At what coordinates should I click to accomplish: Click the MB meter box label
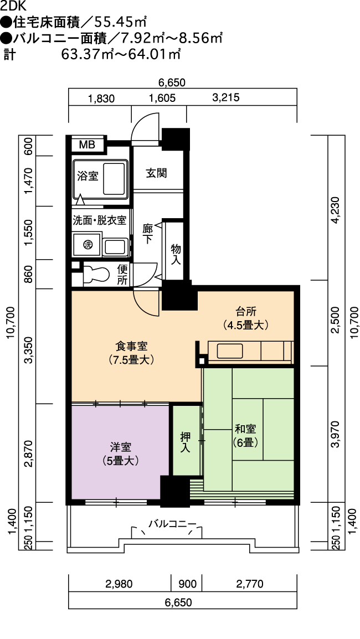[x=87, y=145]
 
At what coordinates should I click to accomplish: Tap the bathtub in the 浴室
[x=114, y=179]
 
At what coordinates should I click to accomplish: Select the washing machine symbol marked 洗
[x=87, y=245]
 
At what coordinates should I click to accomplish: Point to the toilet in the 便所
[x=96, y=274]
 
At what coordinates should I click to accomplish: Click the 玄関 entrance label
[x=157, y=173]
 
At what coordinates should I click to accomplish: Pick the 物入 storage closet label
[x=176, y=254]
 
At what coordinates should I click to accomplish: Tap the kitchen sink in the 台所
[x=230, y=351]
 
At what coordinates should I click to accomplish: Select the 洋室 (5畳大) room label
[x=120, y=454]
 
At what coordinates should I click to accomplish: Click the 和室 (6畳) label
[x=245, y=435]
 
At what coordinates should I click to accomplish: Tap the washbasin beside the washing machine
[x=115, y=247]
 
